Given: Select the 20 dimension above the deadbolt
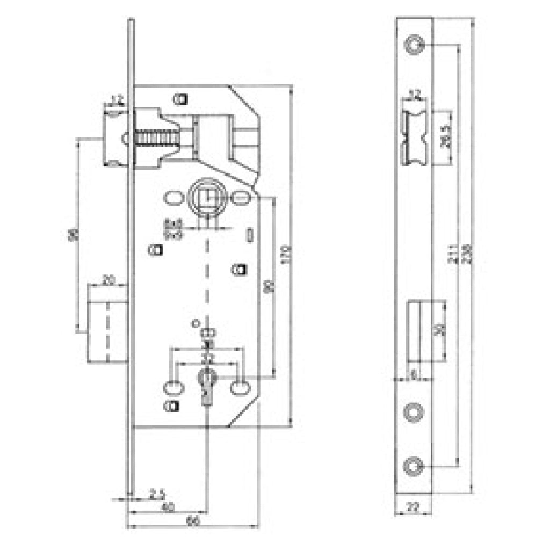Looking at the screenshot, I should pos(107,280).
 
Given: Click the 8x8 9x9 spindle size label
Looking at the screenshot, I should pos(173,229).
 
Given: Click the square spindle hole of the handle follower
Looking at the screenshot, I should pos(206,199).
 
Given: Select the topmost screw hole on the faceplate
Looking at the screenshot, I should pos(414,45).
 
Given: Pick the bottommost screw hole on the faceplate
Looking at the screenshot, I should pos(414,466).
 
